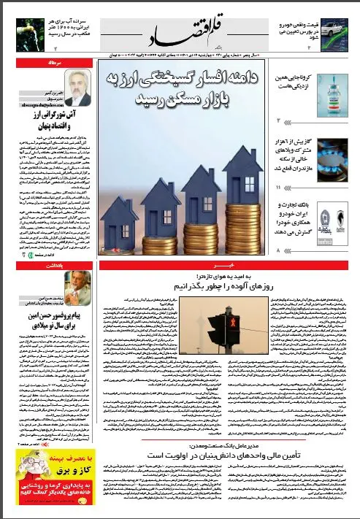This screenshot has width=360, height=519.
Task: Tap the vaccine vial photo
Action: pyautogui.click(x=334, y=99)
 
